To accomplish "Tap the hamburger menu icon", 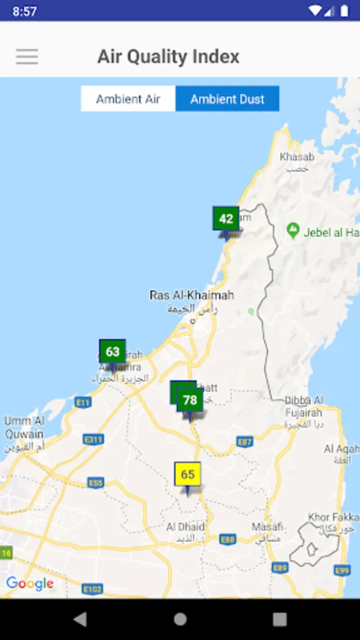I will pos(27,57).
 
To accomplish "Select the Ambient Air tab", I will pos(128,99).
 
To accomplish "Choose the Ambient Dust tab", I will pos(227,99).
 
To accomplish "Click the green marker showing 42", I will pos(226,219).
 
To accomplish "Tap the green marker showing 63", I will pos(112,352).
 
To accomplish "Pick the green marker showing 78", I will pos(190,400).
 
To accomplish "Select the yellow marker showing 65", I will pos(188,475).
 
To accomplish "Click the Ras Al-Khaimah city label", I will pos(191,295).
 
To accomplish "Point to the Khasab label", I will pos(297,156).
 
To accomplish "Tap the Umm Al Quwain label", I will pos(23,428).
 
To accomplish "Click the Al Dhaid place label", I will pos(185,527).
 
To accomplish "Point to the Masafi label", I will pos(268,527).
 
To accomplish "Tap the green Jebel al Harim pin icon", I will pos(292,230).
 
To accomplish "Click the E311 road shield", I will pos(93,440).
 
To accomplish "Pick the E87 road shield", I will pos(245,442).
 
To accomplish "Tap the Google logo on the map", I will pos(30,584).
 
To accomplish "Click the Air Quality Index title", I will pos(168,57).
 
